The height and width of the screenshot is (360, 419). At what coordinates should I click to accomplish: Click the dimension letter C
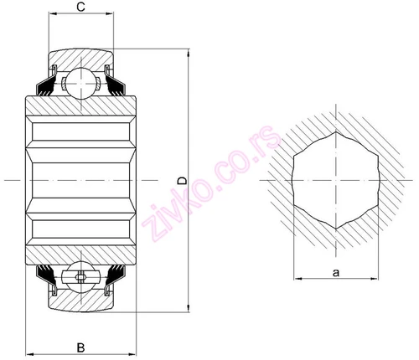pos(80,7)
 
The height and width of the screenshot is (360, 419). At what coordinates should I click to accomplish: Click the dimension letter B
pos(80,348)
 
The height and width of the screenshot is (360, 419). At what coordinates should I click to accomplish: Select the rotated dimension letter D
pos(183,181)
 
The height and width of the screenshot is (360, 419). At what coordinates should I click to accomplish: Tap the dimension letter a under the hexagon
pos(336,272)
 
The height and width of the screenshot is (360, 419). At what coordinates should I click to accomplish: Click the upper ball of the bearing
pos(81,83)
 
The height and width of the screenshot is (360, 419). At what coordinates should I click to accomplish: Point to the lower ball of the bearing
pos(81,276)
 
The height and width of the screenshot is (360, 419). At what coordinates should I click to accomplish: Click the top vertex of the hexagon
pos(336,131)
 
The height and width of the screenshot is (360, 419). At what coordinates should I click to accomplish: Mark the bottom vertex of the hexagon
pos(336,229)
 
